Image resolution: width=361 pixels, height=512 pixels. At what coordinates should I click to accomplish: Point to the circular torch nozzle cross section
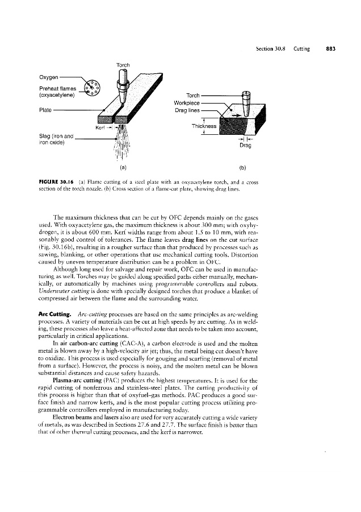(x=91, y=90)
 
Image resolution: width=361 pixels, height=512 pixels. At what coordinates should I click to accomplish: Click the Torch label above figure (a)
(x=123, y=64)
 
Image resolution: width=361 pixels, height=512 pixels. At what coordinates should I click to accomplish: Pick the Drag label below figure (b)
(x=245, y=146)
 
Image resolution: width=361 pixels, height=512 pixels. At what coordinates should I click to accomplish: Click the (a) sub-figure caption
(x=123, y=168)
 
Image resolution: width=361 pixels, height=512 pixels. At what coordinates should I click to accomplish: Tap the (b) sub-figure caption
(x=243, y=168)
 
